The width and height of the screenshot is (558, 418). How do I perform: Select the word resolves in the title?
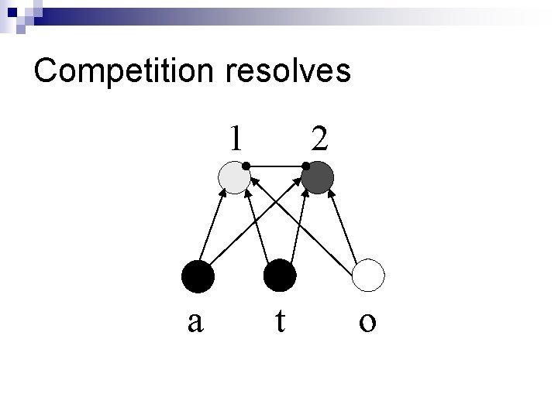click(x=289, y=71)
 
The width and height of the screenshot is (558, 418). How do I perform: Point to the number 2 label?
click(x=319, y=139)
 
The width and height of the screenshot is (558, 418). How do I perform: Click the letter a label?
click(x=195, y=320)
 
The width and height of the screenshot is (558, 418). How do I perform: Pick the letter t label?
click(x=280, y=320)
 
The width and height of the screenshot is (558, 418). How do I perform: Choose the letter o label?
click(x=367, y=320)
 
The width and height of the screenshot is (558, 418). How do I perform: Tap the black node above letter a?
click(x=198, y=276)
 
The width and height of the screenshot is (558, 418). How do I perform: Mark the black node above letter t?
click(x=280, y=276)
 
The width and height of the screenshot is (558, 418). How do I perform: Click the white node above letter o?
click(x=369, y=276)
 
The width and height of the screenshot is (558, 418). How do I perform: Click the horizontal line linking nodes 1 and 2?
click(x=275, y=165)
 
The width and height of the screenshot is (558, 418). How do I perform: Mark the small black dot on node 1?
click(x=245, y=165)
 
